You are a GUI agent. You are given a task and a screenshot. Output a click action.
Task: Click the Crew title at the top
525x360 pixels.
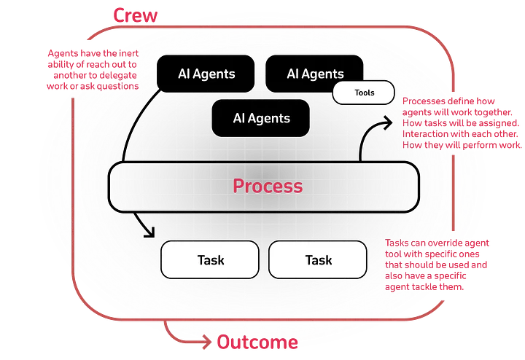[x=136, y=15]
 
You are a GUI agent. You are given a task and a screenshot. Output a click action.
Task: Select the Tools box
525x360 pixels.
[x=364, y=93]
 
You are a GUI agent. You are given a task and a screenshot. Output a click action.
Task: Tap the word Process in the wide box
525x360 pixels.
[x=268, y=186]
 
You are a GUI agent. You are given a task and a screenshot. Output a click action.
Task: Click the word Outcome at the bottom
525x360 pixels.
[x=257, y=342]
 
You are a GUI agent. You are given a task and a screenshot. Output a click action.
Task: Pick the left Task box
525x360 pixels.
[x=210, y=259]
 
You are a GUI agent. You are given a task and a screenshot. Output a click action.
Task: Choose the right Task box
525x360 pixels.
[x=318, y=259]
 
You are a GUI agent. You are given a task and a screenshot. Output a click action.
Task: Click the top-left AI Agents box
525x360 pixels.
[x=206, y=74]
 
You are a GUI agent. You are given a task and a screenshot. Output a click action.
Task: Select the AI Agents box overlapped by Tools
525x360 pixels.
[x=314, y=73]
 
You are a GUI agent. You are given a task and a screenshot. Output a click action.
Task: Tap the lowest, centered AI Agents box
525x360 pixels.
[x=260, y=118]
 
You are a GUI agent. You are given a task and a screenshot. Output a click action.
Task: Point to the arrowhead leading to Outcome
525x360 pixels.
[x=207, y=342]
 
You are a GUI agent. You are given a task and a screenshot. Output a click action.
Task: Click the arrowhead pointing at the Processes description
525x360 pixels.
[x=388, y=122]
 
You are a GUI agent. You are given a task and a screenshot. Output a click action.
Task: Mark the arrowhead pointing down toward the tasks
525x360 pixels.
[x=149, y=232]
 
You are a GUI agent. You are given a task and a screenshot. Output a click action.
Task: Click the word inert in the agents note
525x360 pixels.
[x=128, y=53]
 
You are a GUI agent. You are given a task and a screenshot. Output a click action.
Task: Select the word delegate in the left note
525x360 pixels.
[x=118, y=75]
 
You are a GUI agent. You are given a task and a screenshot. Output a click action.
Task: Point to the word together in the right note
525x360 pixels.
[x=492, y=112]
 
